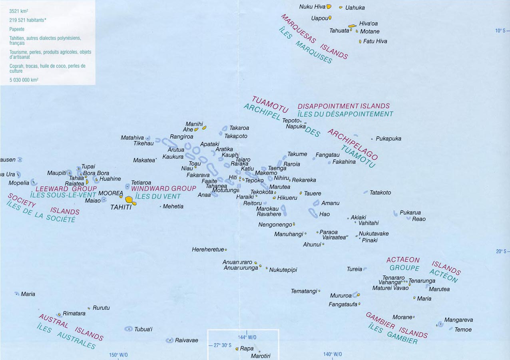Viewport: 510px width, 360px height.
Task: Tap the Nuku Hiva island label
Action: click(x=312, y=7)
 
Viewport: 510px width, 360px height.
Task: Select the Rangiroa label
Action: click(x=181, y=137)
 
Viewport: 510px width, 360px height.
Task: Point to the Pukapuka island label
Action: click(x=388, y=139)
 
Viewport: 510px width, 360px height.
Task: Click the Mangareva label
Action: click(x=458, y=320)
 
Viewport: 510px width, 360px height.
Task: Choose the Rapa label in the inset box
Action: click(x=247, y=348)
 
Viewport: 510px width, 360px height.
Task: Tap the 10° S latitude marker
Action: click(x=500, y=31)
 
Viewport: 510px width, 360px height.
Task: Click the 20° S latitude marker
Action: click(x=500, y=251)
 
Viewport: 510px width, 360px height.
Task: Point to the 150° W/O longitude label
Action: click(x=119, y=355)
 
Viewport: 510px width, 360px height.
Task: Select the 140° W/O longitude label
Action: click(x=333, y=354)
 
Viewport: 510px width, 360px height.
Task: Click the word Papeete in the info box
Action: click(x=17, y=29)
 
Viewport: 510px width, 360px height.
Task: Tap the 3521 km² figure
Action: click(x=18, y=11)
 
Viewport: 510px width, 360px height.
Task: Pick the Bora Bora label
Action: click(x=96, y=173)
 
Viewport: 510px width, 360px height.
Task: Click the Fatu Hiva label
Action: click(x=375, y=41)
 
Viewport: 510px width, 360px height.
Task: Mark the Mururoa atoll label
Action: click(x=341, y=296)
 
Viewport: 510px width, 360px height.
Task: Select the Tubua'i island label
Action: click(x=143, y=329)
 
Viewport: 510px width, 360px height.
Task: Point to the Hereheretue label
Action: click(x=208, y=249)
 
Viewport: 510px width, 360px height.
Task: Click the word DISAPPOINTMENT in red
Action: click(x=326, y=106)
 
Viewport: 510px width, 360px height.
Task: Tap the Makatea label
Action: click(x=143, y=160)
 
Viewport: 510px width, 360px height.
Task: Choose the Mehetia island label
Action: click(x=173, y=206)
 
